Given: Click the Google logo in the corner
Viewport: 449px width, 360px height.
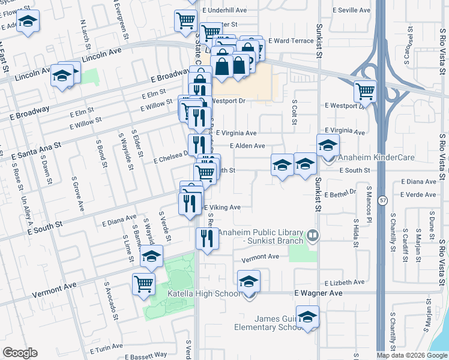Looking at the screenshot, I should point(20,352).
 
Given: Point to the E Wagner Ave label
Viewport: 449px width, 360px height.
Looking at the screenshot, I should point(318,293).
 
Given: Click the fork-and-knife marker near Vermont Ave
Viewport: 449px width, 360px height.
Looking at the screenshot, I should point(207,239).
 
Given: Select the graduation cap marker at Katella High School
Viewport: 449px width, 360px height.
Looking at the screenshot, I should point(249,281).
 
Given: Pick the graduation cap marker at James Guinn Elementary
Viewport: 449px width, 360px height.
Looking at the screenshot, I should point(307,317).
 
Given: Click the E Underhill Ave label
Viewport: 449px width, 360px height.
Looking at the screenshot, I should point(225,11).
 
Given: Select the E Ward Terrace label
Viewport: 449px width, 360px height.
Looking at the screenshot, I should point(291,41).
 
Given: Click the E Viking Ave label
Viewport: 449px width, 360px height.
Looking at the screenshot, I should point(222,208).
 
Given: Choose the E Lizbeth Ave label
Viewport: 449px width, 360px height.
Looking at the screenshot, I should point(344,282).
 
